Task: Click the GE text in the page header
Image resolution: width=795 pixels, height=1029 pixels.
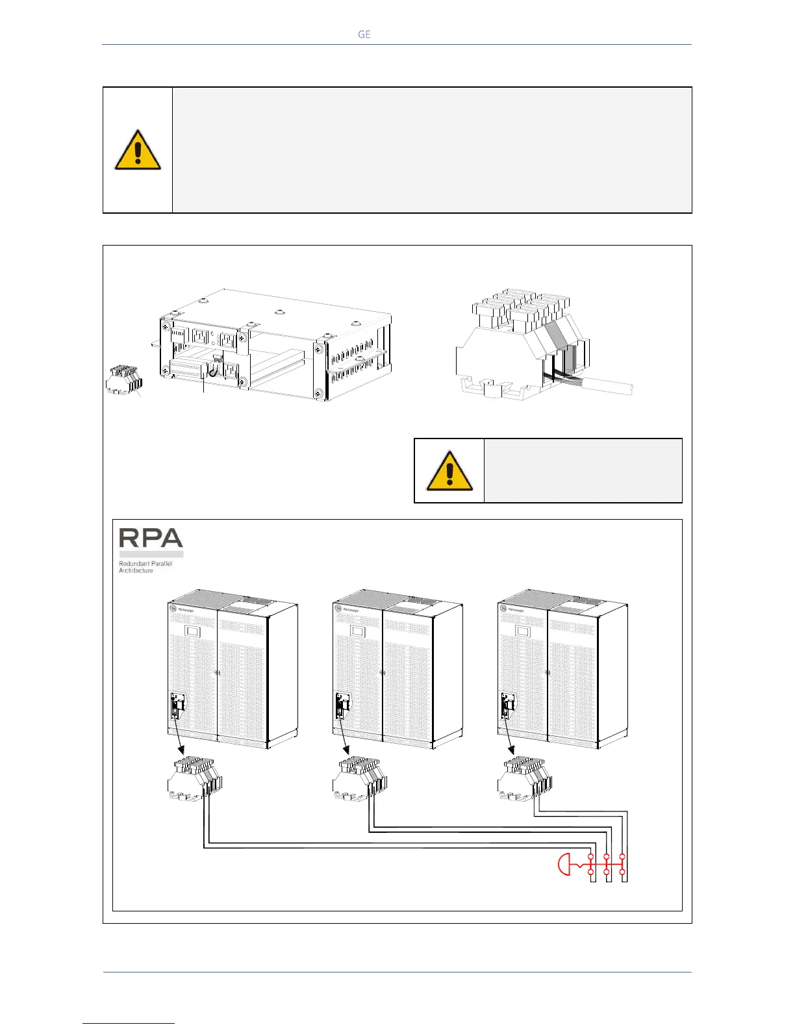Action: [x=364, y=34]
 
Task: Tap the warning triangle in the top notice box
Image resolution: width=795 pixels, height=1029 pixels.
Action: [x=138, y=150]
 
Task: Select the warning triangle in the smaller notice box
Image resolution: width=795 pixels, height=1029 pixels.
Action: [x=449, y=471]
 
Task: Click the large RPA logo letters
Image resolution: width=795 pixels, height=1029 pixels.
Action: [x=151, y=539]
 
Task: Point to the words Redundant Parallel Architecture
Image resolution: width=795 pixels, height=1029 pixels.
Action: [x=145, y=567]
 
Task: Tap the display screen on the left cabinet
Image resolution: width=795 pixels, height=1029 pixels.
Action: [x=191, y=631]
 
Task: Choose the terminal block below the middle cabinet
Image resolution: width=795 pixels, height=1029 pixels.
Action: [x=359, y=778]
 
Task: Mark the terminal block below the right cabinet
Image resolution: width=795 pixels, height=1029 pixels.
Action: [x=524, y=778]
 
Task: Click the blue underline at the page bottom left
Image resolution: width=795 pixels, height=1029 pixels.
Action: [x=129, y=1023]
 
